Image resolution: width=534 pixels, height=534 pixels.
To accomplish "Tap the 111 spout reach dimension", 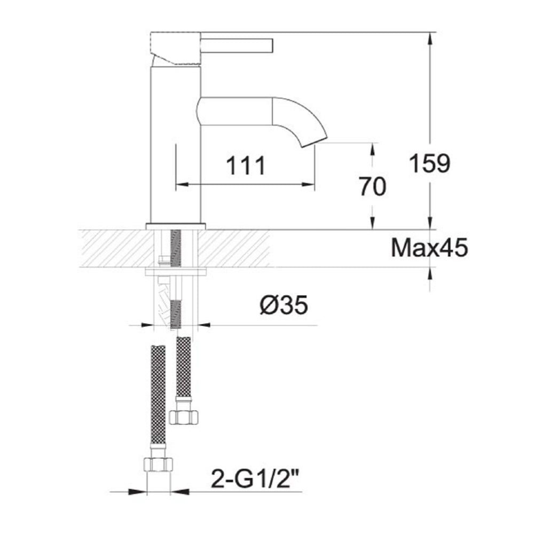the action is [246, 166].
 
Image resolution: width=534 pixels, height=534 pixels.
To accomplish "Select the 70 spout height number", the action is [373, 186].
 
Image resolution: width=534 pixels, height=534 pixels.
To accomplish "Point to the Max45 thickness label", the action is [429, 248].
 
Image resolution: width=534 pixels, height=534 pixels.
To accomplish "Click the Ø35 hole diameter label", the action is [284, 304].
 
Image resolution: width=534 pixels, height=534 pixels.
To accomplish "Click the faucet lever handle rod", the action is [237, 45].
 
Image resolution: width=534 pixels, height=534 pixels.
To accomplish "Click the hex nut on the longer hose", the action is [158, 464].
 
